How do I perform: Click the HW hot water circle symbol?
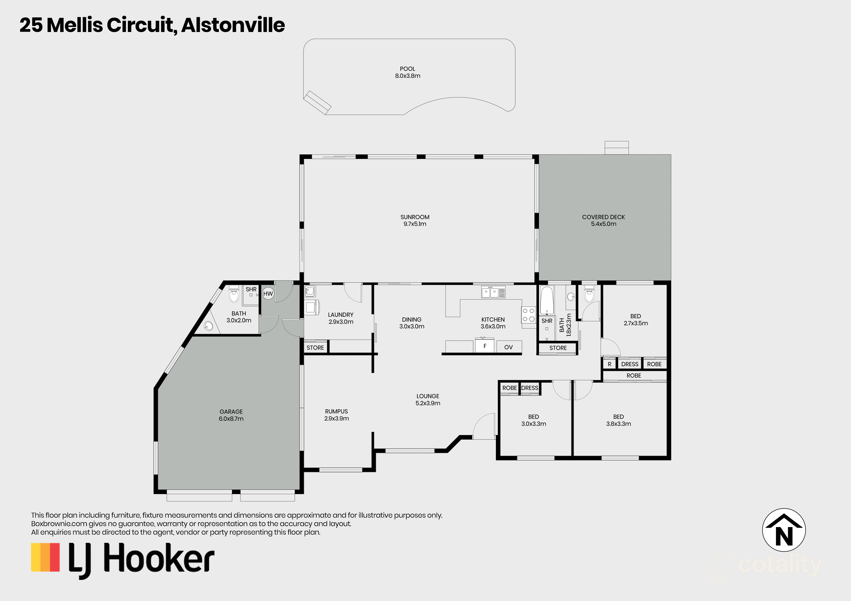(x=268, y=294)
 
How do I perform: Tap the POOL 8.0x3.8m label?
(x=407, y=72)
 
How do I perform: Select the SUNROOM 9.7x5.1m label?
(x=415, y=220)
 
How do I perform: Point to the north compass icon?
(x=784, y=530)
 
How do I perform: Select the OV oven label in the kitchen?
(x=508, y=347)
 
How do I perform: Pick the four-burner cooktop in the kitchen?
(x=528, y=315)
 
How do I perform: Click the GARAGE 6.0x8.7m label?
(x=231, y=415)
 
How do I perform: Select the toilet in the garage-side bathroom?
(x=234, y=294)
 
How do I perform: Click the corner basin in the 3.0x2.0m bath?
(x=208, y=326)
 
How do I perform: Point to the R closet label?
(x=609, y=364)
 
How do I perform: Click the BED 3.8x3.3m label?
(x=618, y=420)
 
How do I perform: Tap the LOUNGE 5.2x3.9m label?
(x=428, y=400)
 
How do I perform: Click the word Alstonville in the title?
(x=233, y=25)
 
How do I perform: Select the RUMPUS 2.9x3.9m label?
(x=336, y=415)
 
